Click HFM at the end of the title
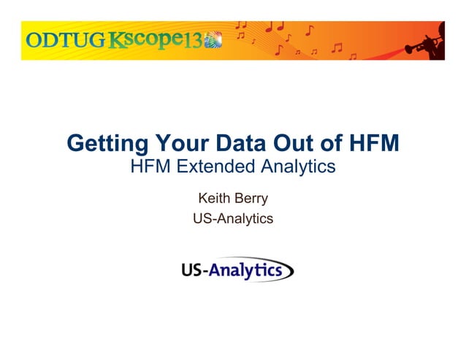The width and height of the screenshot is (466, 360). (373, 144)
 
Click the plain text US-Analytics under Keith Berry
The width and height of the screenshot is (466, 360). (232, 218)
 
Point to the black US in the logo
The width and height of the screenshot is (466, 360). (191, 271)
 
